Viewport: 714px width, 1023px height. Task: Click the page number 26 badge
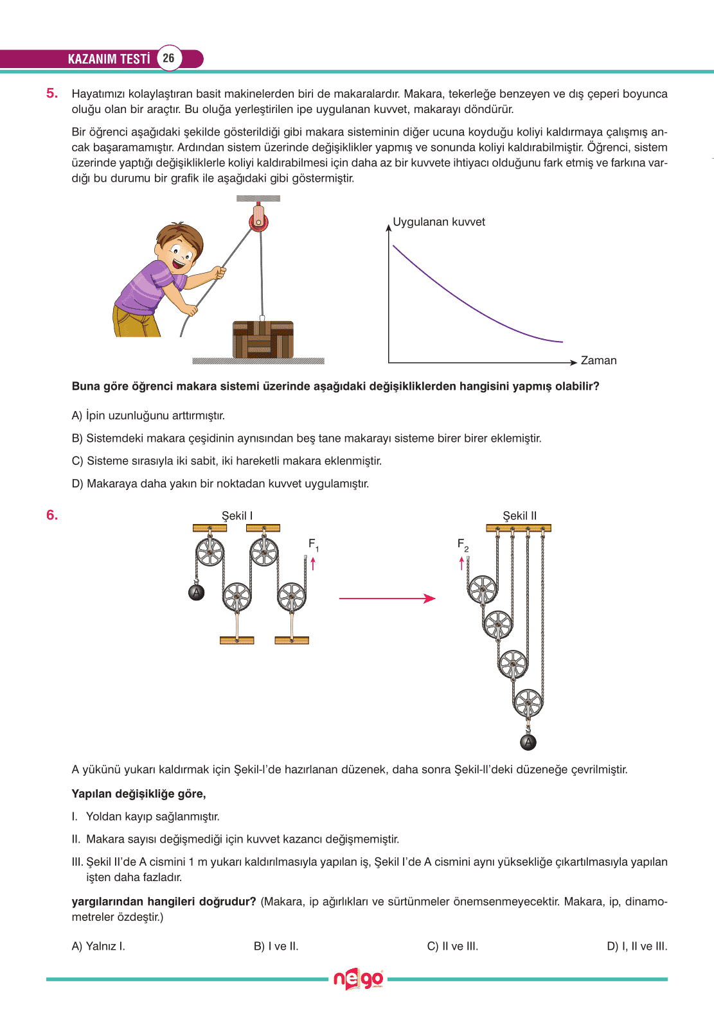168,58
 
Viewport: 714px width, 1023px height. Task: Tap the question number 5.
52,93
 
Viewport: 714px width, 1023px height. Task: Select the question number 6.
52,515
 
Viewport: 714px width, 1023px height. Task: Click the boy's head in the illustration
177,247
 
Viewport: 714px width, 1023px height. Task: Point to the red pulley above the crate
259,220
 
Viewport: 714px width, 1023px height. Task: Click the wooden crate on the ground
263,339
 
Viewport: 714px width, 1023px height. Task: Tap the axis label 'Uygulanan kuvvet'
439,222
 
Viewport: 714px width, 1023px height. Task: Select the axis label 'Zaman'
598,361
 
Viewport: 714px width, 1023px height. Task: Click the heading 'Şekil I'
237,516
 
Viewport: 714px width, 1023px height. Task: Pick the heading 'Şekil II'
519,516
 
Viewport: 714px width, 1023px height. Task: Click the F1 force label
313,545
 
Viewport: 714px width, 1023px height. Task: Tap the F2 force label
463,545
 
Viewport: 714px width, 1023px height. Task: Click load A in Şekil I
197,592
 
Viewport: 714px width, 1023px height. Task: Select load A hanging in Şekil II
528,742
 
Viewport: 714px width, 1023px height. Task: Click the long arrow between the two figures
387,599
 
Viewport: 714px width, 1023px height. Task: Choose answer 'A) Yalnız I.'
98,946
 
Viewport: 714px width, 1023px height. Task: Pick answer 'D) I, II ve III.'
637,946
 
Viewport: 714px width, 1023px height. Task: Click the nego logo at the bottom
358,979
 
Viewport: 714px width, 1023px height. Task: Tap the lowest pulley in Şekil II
528,703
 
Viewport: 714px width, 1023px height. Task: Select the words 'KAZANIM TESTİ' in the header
109,58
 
